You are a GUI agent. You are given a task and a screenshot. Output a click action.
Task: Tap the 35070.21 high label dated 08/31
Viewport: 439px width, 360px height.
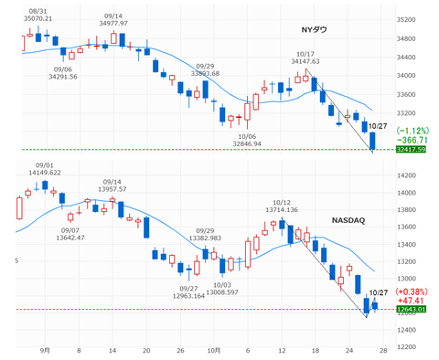(x=37, y=17)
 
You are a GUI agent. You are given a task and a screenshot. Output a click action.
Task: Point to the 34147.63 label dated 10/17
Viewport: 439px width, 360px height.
(x=306, y=60)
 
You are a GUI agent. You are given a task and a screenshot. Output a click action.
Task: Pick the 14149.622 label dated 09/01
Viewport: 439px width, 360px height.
(x=46, y=172)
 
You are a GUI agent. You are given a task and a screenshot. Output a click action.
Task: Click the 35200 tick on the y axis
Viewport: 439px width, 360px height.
(x=407, y=19)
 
